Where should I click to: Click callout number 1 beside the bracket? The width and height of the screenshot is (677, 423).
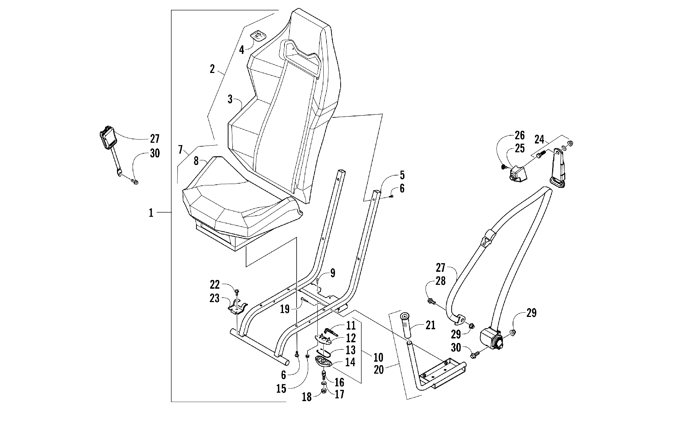point(151,213)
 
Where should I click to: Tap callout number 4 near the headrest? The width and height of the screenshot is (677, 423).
point(242,50)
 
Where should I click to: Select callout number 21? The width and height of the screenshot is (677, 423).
point(431,325)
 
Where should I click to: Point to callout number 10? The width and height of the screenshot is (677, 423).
point(378,357)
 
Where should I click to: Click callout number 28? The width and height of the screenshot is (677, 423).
point(440,281)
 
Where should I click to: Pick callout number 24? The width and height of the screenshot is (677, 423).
point(539,140)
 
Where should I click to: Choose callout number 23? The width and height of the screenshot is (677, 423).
point(214,298)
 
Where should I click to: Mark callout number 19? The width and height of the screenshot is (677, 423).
point(285,309)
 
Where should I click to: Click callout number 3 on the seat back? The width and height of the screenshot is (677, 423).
point(230,100)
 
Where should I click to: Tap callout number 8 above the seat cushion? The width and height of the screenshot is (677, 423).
point(196,161)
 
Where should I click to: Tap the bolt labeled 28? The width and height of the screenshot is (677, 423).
point(431,301)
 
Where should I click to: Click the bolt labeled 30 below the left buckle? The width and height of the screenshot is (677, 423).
point(134,181)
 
